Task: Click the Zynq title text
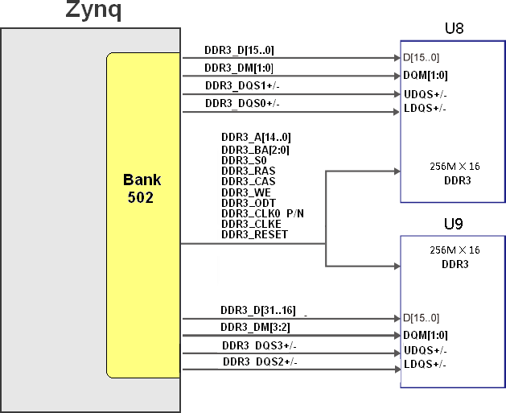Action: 93,10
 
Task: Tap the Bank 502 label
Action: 142,188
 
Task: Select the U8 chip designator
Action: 454,28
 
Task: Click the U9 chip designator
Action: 454,224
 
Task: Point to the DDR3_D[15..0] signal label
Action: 239,50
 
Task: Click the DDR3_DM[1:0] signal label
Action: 239,68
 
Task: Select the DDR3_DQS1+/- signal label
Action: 242,85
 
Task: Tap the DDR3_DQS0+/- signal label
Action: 242,103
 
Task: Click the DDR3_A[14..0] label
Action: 256,137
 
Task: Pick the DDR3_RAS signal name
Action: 248,171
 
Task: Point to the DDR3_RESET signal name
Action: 254,234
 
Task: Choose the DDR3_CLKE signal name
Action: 251,224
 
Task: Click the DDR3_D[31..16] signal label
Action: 258,310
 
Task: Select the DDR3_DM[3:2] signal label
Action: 255,328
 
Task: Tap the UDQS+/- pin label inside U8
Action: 426,95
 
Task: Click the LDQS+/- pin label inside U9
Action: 425,364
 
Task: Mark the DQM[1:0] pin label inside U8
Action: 426,75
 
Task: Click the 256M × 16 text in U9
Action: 455,250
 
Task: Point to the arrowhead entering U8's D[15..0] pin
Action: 397,58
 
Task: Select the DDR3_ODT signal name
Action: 249,203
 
